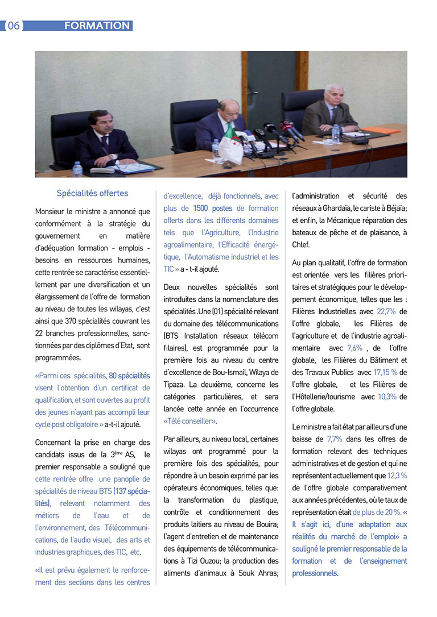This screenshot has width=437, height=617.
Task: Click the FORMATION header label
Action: pyautogui.click(x=97, y=26)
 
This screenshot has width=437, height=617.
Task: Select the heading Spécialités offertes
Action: pyautogui.click(x=92, y=193)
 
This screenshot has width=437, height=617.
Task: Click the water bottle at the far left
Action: pyautogui.click(x=77, y=169)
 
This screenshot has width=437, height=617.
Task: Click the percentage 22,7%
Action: pyautogui.click(x=386, y=311)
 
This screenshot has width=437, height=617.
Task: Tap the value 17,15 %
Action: pyautogui.click(x=385, y=372)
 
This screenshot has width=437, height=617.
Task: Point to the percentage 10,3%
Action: pyautogui.click(x=386, y=397)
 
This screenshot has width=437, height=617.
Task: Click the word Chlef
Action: pyautogui.click(x=301, y=245)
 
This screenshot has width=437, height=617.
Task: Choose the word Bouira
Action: pyautogui.click(x=265, y=524)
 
